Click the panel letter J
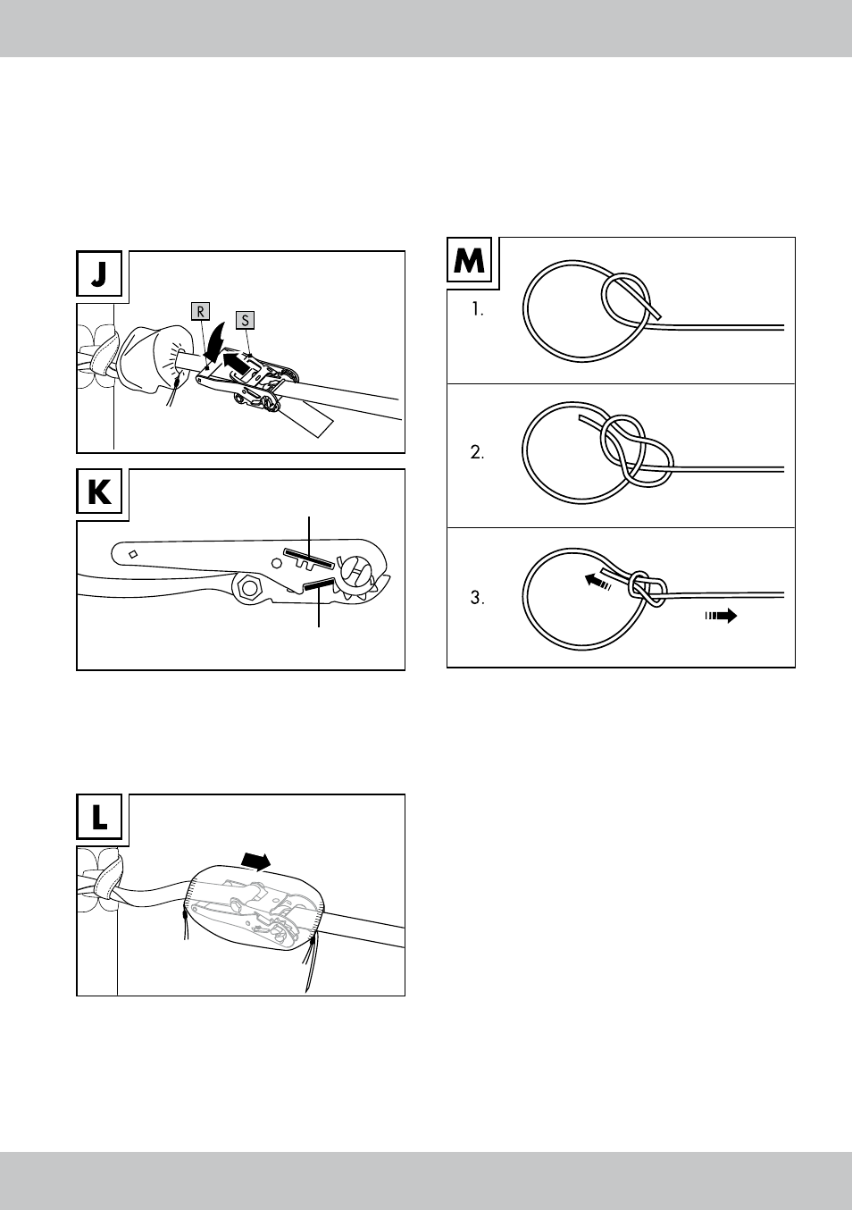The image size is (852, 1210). [x=99, y=273]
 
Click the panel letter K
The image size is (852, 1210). [x=99, y=492]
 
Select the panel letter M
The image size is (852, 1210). [x=469, y=261]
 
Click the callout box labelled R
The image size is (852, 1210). [x=200, y=312]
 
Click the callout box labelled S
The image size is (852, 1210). [x=245, y=320]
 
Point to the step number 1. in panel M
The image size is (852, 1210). [x=478, y=309]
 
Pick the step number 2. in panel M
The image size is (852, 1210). [x=477, y=452]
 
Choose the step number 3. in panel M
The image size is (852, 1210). [x=477, y=598]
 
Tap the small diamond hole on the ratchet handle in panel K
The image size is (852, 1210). [x=133, y=554]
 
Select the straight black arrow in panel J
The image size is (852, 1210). [x=238, y=362]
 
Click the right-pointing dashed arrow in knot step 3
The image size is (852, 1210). [x=721, y=615]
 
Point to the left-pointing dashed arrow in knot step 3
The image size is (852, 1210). [x=598, y=582]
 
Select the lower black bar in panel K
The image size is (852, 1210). [x=319, y=584]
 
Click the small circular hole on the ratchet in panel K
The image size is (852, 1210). [x=277, y=564]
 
